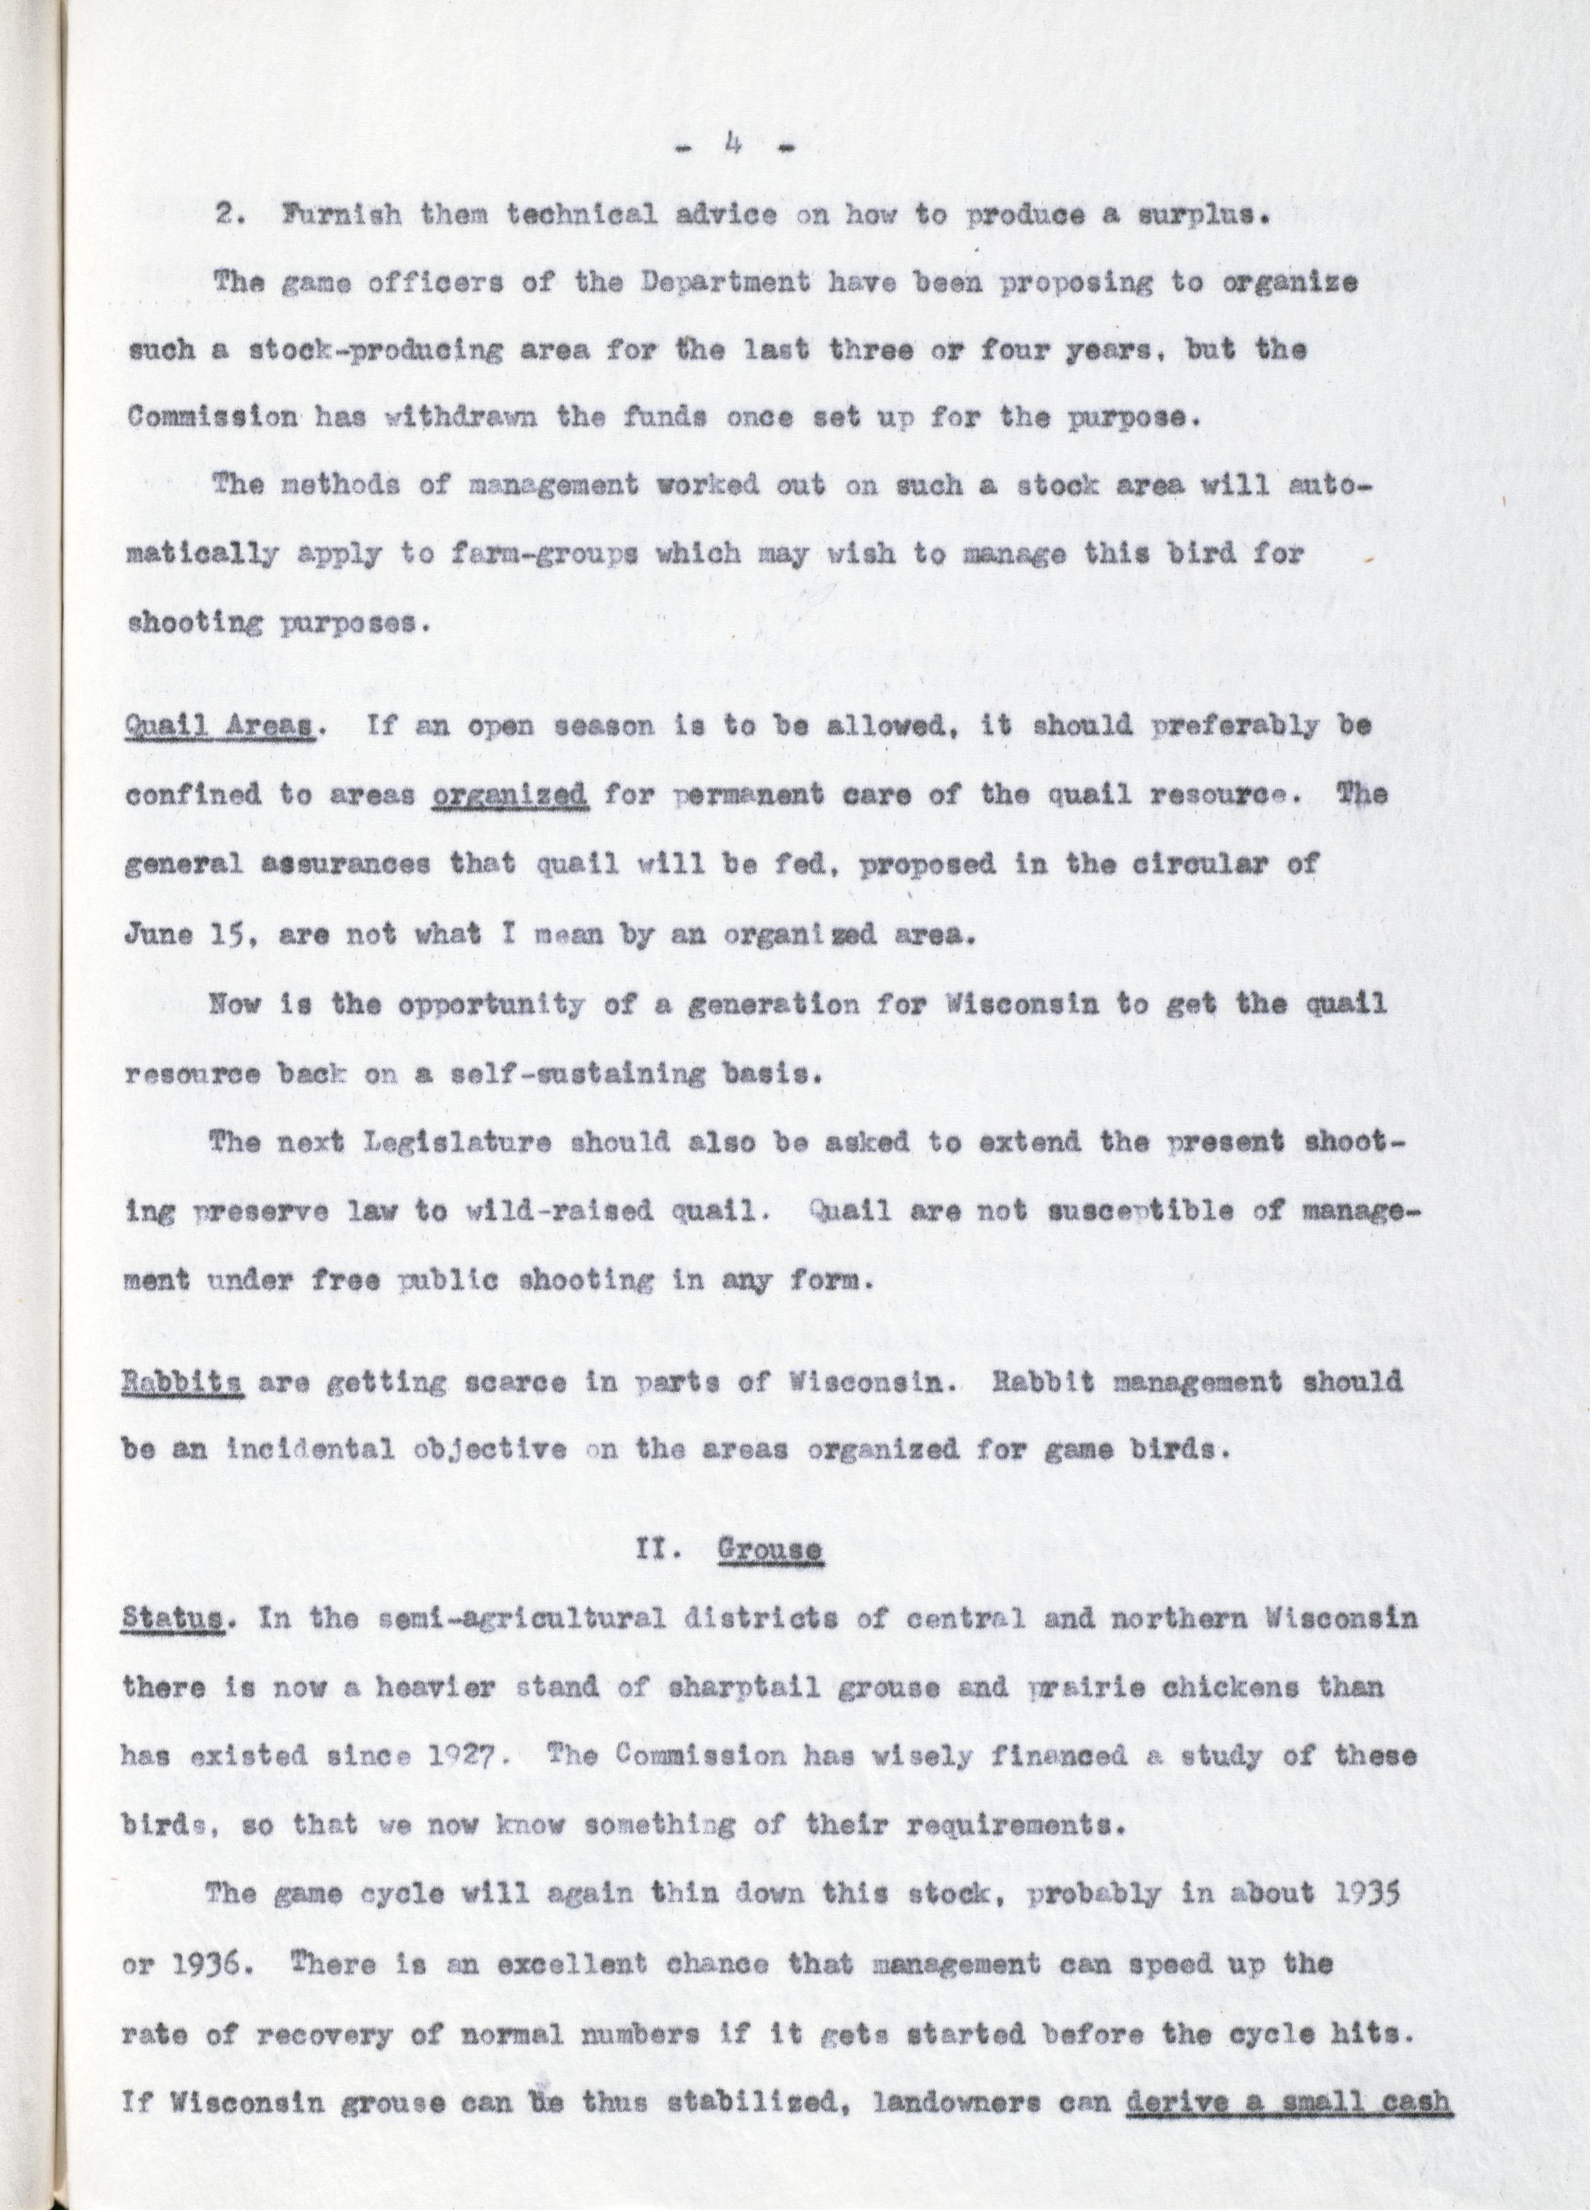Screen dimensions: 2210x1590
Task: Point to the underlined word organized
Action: pyautogui.click(x=510, y=795)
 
